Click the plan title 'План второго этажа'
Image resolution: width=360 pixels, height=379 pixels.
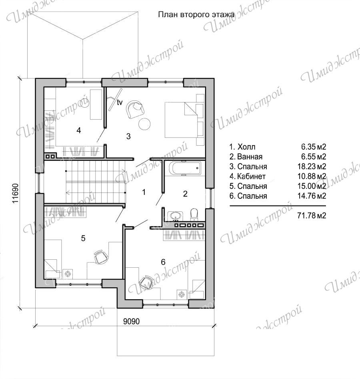pos(196,14)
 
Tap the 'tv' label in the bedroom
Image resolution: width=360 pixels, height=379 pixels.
pos(120,102)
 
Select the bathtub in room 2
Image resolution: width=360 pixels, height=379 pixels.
pos(184,168)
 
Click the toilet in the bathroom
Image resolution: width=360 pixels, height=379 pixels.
pos(194,215)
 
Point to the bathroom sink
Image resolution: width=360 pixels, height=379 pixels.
pos(176,216)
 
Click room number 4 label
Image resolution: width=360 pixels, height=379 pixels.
pos(78,130)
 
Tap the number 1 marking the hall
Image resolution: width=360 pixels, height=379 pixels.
pos(144,192)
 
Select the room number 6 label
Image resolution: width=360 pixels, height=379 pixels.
pos(163,262)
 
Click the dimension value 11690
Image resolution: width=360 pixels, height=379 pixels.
pos(15,193)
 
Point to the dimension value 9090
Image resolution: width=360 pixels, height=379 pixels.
pos(132,321)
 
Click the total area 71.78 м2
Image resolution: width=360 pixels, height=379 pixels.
pos(312,215)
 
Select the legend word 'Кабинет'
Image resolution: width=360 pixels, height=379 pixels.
pos(251,176)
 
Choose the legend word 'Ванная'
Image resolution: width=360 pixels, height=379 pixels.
pos(250,156)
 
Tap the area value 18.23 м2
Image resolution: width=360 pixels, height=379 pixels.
pos(312,166)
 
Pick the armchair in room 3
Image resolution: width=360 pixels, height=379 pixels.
pos(135,109)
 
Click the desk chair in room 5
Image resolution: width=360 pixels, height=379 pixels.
pos(101,257)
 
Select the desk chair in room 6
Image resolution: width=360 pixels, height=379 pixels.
pos(146,282)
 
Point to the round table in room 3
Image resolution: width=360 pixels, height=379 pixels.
pos(144,124)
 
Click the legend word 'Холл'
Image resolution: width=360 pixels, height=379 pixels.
pos(246,147)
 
